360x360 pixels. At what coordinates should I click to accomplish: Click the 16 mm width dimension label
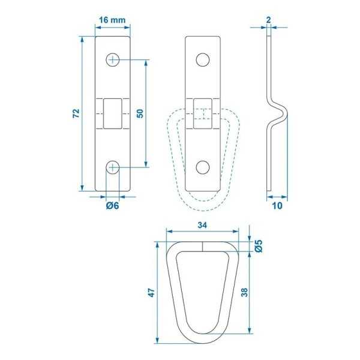112,20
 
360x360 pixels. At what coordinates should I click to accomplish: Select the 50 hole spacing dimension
139,113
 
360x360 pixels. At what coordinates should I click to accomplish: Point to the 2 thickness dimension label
268,20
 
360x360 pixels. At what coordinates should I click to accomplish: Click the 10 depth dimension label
278,206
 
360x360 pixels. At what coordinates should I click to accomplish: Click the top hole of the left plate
112,59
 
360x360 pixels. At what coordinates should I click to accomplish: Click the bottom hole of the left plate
112,167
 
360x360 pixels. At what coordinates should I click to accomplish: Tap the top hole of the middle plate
203,59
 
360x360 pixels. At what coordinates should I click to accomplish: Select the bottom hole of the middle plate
203,167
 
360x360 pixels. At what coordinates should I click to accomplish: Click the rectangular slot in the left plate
112,113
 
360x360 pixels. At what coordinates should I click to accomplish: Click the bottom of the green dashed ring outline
203,206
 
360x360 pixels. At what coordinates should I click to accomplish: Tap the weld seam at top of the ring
203,245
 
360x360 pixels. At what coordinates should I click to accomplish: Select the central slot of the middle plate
203,113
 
